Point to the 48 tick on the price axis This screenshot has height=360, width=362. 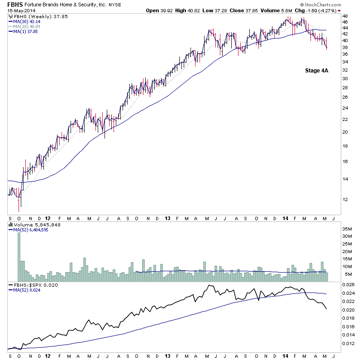(x=345, y=16)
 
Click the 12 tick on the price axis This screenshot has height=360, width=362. (x=345, y=199)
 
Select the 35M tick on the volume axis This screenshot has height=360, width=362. (x=347, y=229)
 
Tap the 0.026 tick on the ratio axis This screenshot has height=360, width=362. (x=349, y=285)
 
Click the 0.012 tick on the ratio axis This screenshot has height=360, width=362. (x=349, y=343)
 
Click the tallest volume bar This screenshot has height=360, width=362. (x=19, y=254)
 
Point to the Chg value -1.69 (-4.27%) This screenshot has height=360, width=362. (x=314, y=11)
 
